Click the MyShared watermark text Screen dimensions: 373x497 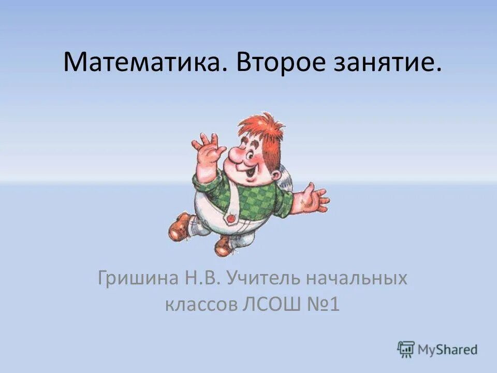tap(448, 350)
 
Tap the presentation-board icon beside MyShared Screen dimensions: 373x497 tap(406, 349)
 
